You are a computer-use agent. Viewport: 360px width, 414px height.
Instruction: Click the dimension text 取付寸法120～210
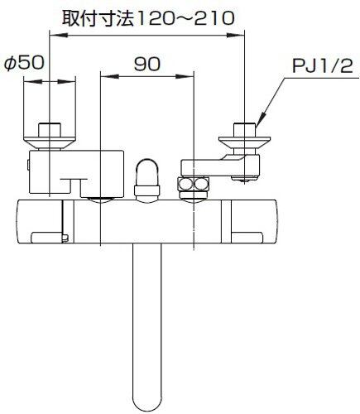[148, 19]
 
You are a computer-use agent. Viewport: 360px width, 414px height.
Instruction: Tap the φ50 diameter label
[24, 63]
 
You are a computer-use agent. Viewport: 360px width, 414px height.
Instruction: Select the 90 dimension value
[146, 64]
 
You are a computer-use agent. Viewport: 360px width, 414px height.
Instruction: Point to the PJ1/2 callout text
[322, 66]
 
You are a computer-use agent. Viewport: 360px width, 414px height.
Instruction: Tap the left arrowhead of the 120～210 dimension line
[58, 35]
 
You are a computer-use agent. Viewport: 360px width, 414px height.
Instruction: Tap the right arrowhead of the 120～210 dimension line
[236, 35]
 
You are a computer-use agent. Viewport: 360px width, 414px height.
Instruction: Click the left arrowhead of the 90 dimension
[109, 76]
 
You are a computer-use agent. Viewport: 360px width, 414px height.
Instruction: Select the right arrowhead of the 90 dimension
[185, 76]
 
